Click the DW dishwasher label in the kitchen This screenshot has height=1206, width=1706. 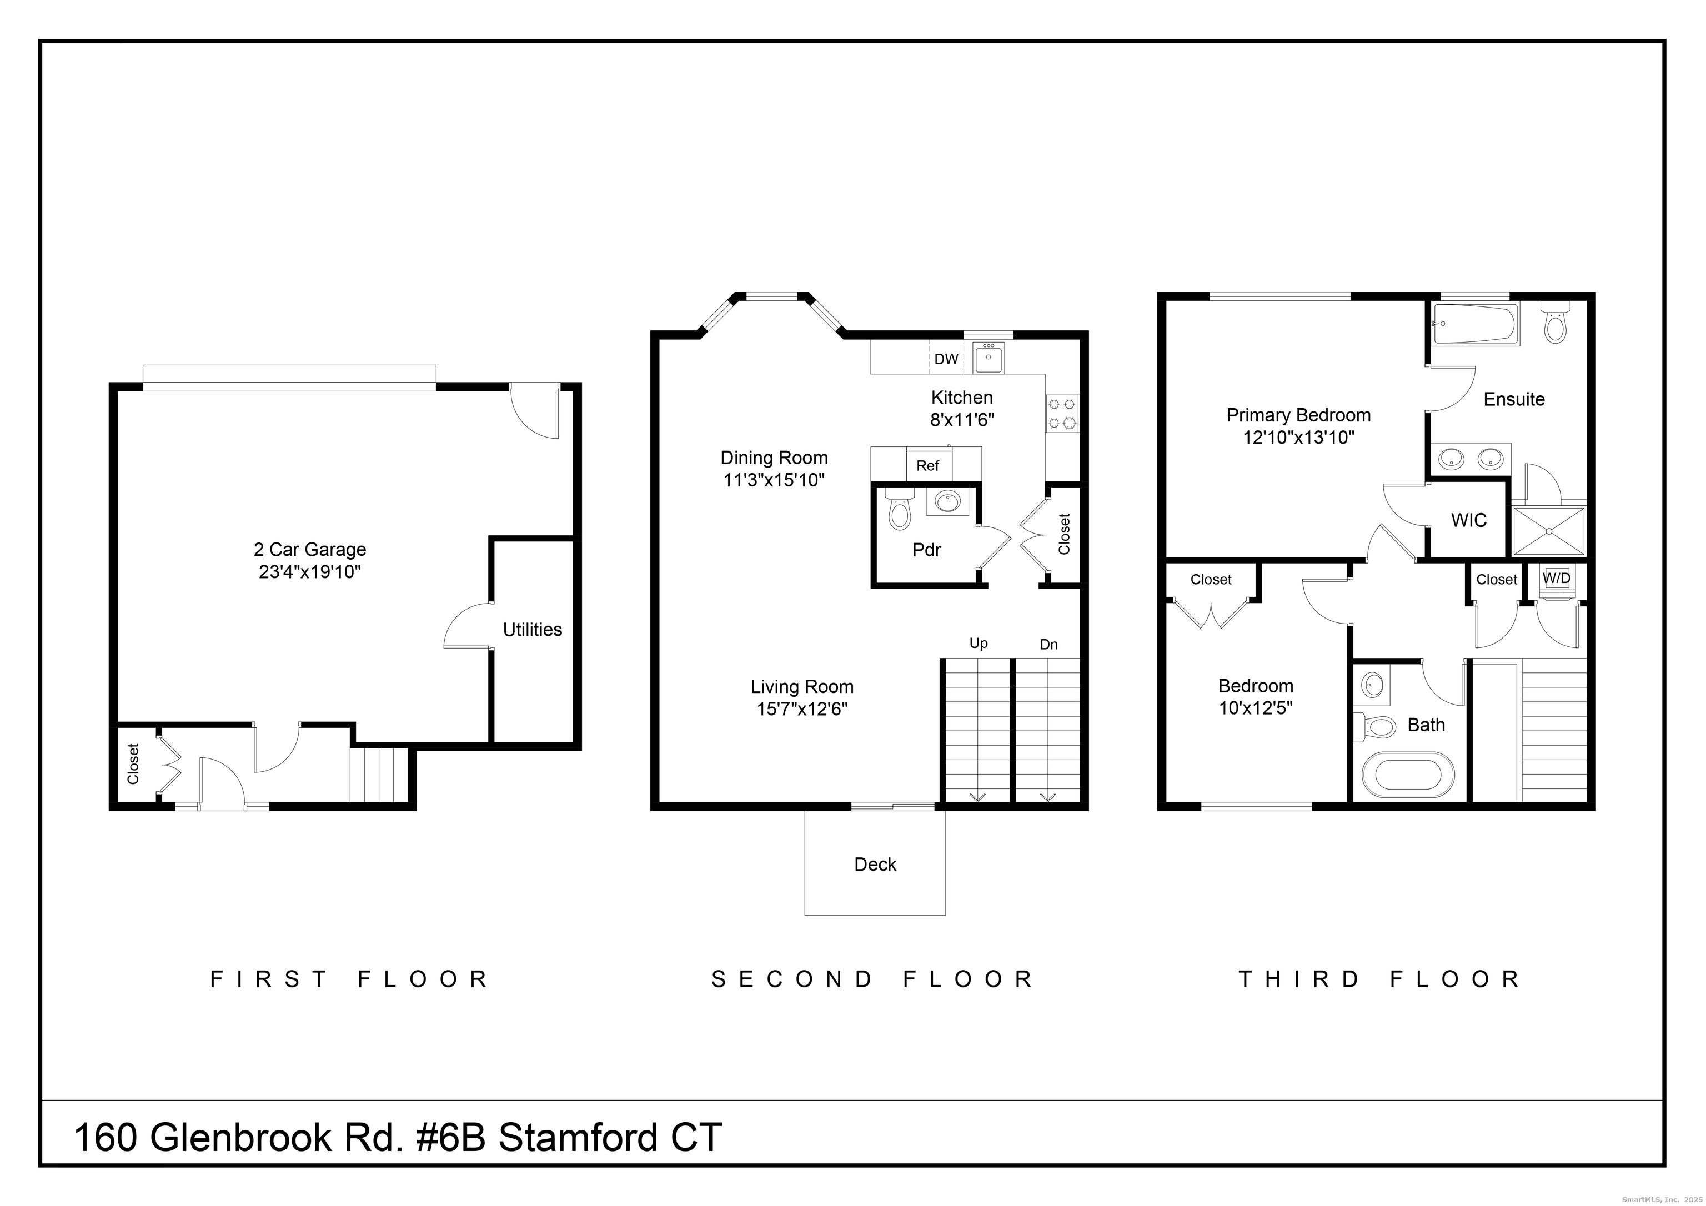[945, 360]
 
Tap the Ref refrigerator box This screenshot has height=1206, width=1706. [927, 466]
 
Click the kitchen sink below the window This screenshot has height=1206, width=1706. [989, 360]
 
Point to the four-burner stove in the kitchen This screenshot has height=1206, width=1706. [1062, 414]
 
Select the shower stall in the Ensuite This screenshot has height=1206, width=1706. [1548, 531]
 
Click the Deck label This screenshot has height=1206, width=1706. [875, 864]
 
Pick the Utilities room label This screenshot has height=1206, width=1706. [532, 630]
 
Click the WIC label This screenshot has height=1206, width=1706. [1469, 520]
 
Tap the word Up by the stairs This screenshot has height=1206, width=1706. [978, 643]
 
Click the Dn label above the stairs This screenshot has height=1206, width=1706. [1048, 644]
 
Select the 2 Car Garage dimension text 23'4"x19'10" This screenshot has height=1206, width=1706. [310, 572]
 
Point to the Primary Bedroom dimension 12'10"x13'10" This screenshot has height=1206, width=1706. [1298, 438]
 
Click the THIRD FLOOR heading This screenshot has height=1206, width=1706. [1380, 979]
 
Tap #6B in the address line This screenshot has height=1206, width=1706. [449, 1138]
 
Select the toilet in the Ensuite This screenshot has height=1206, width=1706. [1554, 323]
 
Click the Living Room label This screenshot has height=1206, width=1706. [802, 687]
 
